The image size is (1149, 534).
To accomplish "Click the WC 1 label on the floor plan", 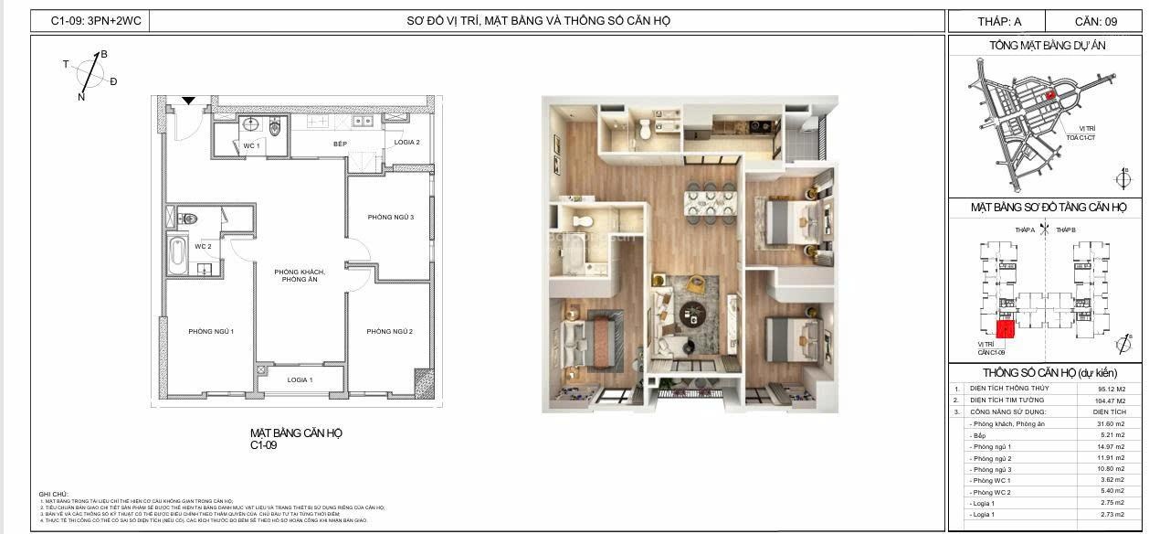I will (x=251, y=146).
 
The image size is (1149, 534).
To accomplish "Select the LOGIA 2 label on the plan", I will (x=407, y=143).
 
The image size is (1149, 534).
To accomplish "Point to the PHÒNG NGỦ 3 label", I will (x=391, y=217).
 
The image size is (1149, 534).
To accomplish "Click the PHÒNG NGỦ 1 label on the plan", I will (x=212, y=331).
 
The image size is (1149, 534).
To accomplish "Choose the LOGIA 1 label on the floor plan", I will (x=300, y=379).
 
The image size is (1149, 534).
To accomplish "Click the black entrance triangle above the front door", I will (x=188, y=101).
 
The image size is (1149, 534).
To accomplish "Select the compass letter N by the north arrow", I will (x=81, y=96).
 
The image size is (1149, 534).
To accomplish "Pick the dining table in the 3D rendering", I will (x=711, y=202).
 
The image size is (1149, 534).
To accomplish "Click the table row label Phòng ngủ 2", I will (x=992, y=458).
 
